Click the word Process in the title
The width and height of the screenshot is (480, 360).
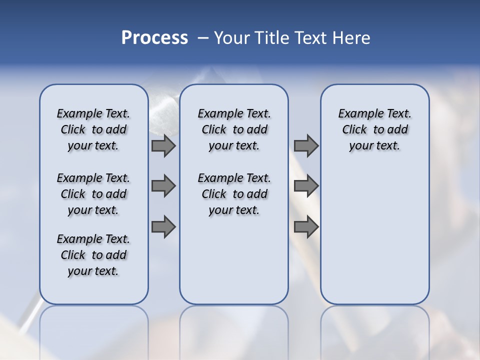pyautogui.click(x=154, y=37)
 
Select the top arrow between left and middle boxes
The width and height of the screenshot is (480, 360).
pyautogui.click(x=163, y=146)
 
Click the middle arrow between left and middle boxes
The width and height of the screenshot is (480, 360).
pyautogui.click(x=163, y=186)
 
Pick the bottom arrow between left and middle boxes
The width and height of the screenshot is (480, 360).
pyautogui.click(x=163, y=227)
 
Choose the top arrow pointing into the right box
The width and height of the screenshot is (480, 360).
pyautogui.click(x=306, y=146)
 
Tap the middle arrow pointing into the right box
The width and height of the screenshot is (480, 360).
pyautogui.click(x=306, y=186)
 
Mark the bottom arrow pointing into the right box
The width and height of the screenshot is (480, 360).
pyautogui.click(x=306, y=227)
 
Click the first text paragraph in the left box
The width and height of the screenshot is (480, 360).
pyautogui.click(x=93, y=129)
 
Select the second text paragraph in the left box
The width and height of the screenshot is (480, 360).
pyautogui.click(x=93, y=194)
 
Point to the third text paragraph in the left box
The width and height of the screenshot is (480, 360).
pyautogui.click(x=93, y=255)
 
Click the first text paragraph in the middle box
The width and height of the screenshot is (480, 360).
pyautogui.click(x=234, y=129)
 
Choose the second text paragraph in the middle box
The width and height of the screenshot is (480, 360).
pyautogui.click(x=234, y=194)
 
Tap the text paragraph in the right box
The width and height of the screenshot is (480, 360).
pyautogui.click(x=374, y=129)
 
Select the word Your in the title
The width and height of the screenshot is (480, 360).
pyautogui.click(x=232, y=38)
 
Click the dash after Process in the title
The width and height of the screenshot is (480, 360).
pyautogui.click(x=203, y=38)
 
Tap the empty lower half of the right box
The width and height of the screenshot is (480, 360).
pyautogui.click(x=374, y=240)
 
